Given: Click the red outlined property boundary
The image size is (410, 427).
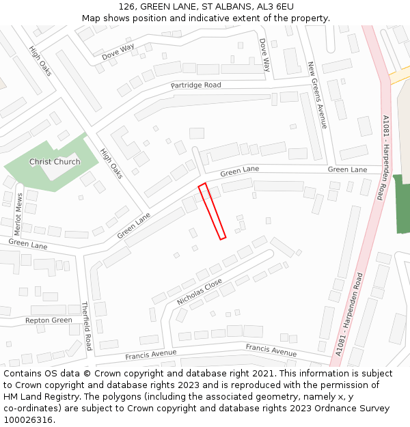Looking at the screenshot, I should (x=212, y=211).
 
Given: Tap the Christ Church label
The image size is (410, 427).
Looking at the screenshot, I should (x=55, y=162).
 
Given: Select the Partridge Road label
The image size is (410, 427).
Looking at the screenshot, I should (x=196, y=85).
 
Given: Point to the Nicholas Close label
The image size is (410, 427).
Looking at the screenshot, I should (x=200, y=292).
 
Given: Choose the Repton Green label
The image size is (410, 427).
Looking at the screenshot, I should (x=49, y=320).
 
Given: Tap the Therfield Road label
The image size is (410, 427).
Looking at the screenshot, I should (x=87, y=326).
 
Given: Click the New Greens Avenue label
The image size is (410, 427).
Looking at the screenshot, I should (x=317, y=95).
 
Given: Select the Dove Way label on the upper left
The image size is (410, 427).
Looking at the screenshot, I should (x=118, y=52).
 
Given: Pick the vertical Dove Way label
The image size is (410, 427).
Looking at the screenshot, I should (x=264, y=55).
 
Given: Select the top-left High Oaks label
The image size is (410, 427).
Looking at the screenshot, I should (x=41, y=60).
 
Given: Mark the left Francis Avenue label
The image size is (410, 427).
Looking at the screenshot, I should (x=150, y=355).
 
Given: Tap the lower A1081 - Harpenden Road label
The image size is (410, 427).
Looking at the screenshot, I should (x=351, y=314).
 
